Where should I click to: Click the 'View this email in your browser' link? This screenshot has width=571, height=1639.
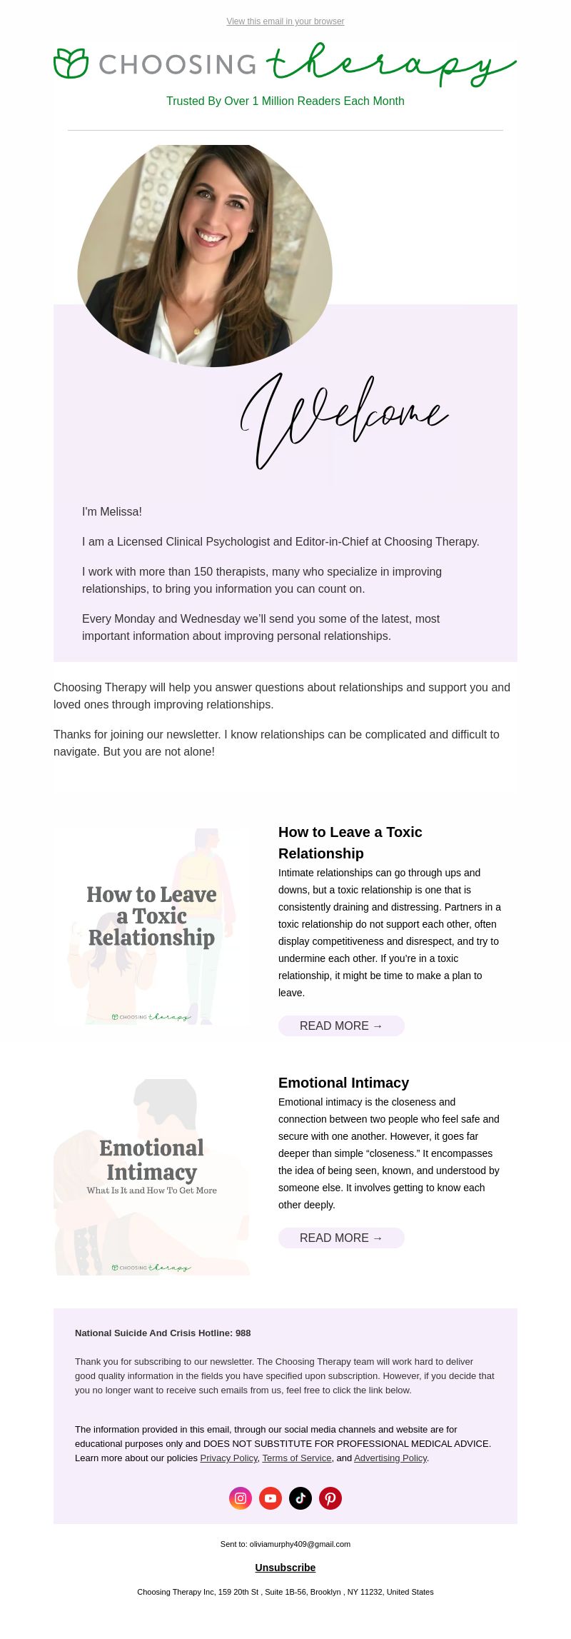[285, 21]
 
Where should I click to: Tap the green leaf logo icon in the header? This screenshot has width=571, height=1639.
[71, 64]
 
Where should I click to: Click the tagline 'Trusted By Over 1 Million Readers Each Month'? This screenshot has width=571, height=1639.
[285, 101]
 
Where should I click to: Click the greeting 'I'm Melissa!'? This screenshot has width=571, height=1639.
[112, 512]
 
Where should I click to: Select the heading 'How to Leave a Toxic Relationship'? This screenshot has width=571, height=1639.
[350, 843]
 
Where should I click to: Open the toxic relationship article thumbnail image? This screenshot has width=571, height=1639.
[151, 926]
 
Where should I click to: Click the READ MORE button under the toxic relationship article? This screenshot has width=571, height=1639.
[341, 1026]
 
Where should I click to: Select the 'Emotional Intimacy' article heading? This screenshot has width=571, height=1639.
[343, 1083]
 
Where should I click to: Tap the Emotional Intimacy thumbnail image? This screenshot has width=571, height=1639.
[151, 1177]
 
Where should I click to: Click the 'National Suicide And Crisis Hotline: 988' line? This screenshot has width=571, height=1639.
[163, 1333]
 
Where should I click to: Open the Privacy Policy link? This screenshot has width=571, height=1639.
[228, 1458]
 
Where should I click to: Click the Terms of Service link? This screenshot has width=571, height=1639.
[296, 1458]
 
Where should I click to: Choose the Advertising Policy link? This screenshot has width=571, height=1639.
[390, 1458]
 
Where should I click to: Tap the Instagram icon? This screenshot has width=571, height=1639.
[241, 1498]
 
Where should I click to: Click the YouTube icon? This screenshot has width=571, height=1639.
[271, 1498]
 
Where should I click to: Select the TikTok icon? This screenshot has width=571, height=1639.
[300, 1498]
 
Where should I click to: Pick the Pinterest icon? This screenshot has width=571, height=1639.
[330, 1498]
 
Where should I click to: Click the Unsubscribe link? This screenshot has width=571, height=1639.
[285, 1568]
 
